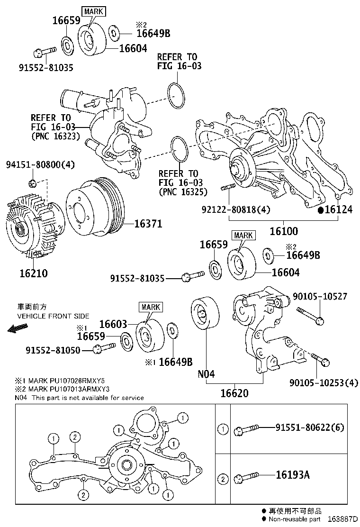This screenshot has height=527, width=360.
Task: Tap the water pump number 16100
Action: point(284,232)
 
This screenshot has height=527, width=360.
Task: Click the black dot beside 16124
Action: point(320,209)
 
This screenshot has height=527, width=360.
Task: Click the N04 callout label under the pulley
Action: point(206,374)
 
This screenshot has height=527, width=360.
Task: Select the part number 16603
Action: point(113,324)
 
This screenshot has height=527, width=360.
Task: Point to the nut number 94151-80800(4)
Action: point(40,165)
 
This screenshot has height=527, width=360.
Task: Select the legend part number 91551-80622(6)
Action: point(310,427)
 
